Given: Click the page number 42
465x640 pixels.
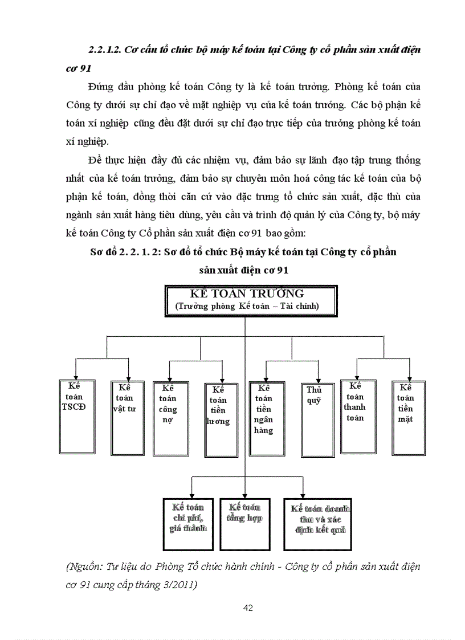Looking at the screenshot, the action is click(x=248, y=608).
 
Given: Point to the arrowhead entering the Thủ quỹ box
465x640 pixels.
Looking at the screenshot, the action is click(x=318, y=380).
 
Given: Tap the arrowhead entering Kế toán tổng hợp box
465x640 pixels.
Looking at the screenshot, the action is click(x=246, y=495).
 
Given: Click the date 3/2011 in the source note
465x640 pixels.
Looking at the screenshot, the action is click(x=180, y=584).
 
